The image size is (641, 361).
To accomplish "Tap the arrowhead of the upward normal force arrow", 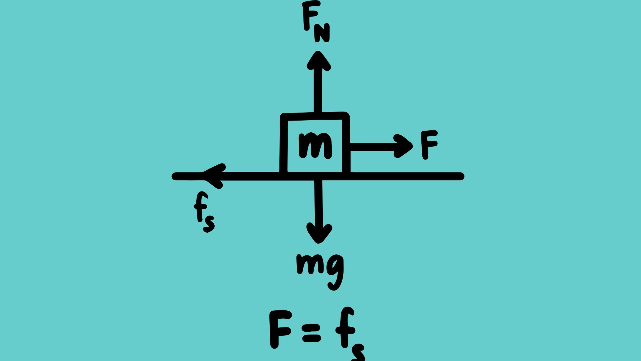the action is tap(318, 61).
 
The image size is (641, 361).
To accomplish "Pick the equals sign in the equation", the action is tap(311, 333).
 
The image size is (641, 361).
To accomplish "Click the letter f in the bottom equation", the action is tap(345, 327).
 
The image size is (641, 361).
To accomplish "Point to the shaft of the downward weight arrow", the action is tap(318, 203).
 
